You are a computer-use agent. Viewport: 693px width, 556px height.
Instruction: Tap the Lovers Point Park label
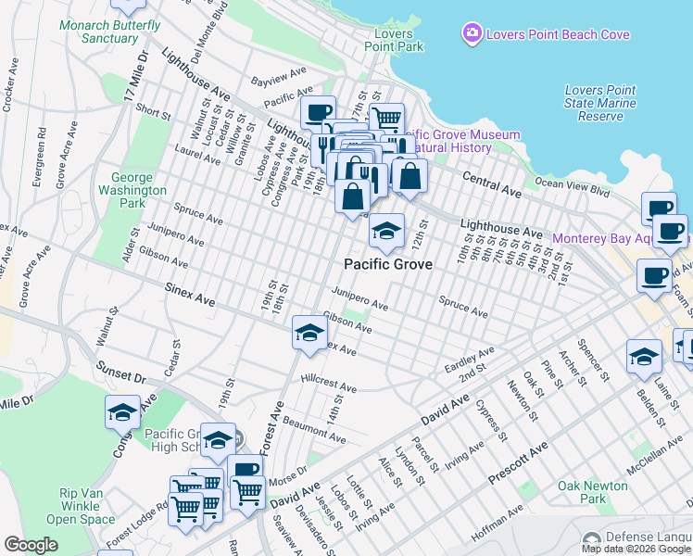click(394, 41)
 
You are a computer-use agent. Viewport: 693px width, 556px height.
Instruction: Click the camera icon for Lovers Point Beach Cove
click(472, 35)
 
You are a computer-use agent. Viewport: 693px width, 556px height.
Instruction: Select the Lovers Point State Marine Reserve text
click(600, 103)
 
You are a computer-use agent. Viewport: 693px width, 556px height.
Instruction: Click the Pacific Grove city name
click(388, 264)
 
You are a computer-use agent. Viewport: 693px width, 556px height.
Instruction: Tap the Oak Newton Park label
click(594, 492)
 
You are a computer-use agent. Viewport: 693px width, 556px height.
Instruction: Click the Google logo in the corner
click(31, 545)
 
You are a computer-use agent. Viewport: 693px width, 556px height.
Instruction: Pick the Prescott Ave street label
click(519, 463)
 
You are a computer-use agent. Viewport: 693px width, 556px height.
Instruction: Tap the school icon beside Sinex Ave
click(309, 334)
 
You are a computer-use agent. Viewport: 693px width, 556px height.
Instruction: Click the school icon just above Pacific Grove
click(386, 232)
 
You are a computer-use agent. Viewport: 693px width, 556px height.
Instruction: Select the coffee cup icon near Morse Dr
click(246, 470)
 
